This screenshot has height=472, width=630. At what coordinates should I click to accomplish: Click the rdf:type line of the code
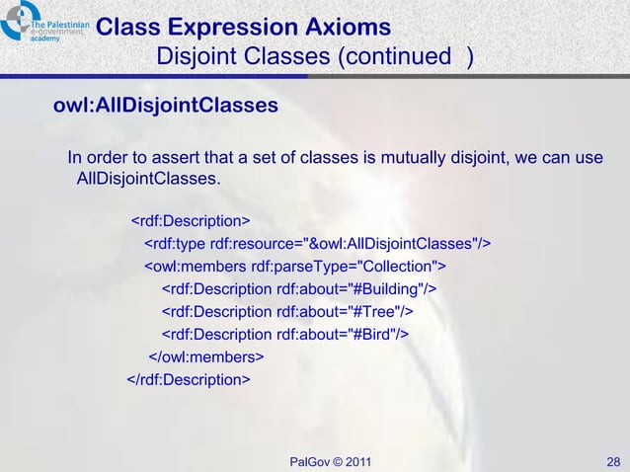coord(318,244)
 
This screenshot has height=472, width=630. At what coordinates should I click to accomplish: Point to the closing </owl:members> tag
coord(206,356)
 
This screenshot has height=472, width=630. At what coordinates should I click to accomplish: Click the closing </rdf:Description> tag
coord(188,379)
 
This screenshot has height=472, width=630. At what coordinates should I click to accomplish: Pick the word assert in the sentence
coord(172,159)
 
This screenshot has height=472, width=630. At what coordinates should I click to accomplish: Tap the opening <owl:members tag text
coord(196,267)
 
